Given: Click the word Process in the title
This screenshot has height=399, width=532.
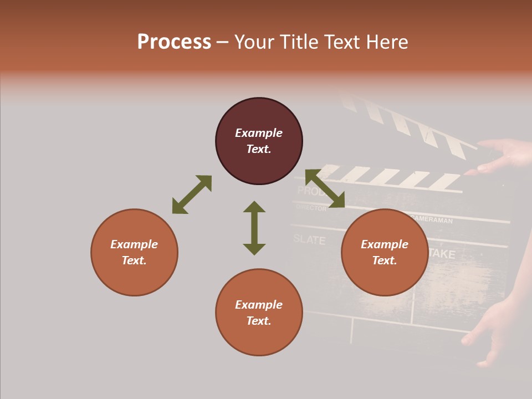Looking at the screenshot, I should [x=174, y=42].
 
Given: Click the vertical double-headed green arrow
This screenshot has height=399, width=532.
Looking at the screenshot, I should [x=254, y=228].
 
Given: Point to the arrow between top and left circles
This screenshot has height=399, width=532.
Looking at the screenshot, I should [x=192, y=195].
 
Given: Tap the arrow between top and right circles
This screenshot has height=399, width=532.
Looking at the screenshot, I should [x=325, y=188].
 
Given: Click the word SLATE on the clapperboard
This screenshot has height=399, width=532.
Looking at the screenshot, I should [x=309, y=239].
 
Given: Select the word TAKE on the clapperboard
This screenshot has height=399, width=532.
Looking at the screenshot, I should [x=442, y=254].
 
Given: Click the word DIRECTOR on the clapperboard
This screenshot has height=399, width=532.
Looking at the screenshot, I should [x=311, y=208].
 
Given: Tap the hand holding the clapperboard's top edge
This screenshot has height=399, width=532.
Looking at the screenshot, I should [x=502, y=155].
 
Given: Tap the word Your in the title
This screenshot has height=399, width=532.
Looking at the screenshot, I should [x=255, y=42].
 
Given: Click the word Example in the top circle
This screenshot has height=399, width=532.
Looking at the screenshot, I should [x=259, y=133].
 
